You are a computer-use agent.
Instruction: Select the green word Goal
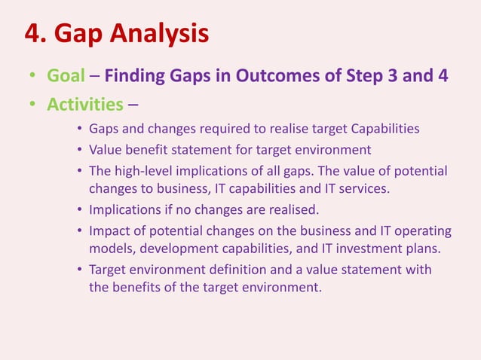tap(66, 76)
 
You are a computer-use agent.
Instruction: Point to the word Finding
tap(132, 76)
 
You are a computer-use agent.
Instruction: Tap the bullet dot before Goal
tap(32, 77)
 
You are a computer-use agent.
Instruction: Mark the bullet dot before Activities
tap(32, 104)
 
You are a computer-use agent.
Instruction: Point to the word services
tap(364, 188)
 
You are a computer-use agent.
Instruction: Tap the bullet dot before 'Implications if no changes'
tap(80, 209)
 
